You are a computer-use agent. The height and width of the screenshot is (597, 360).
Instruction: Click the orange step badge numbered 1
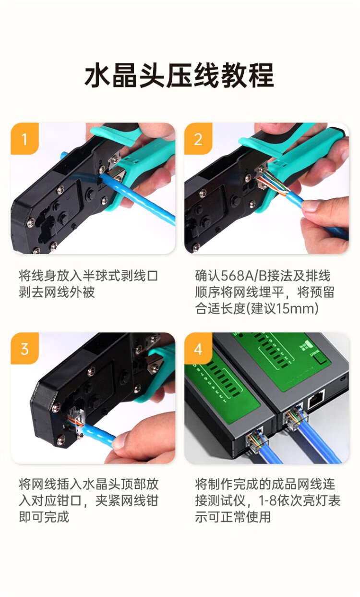[24, 138]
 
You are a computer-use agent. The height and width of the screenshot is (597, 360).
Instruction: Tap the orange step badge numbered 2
[198, 138]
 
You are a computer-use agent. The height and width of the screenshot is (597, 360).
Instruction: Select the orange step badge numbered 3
[24, 348]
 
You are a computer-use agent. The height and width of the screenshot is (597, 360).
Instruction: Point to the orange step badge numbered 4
[198, 348]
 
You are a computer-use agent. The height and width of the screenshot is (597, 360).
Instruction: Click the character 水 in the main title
[97, 75]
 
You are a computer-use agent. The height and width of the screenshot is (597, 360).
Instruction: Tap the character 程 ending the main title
[262, 75]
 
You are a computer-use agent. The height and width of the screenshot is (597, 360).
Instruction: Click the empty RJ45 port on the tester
[316, 399]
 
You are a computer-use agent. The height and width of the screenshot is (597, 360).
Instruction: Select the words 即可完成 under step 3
[44, 517]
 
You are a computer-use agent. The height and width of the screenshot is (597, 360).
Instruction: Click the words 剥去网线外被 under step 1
[57, 292]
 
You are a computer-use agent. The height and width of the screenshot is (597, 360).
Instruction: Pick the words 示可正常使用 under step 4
[233, 517]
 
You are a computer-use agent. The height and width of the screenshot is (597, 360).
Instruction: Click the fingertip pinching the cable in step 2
[312, 206]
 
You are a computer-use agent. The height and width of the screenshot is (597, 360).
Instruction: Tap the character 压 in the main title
[180, 75]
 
